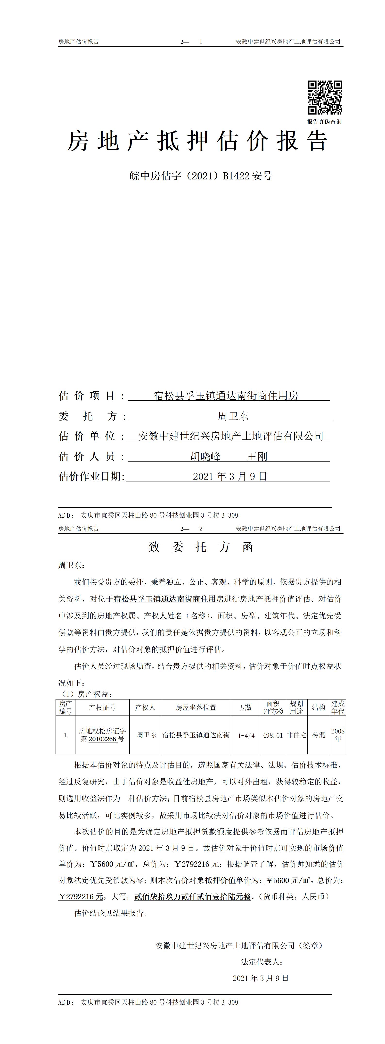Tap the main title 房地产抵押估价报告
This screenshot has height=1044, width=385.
(197, 142)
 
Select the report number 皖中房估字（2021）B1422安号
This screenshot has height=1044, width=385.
(201, 176)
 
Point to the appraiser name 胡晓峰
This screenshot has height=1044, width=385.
(206, 456)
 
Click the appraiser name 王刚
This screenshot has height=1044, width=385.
(257, 456)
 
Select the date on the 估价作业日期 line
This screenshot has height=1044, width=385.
(230, 476)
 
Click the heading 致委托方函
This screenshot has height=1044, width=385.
(201, 547)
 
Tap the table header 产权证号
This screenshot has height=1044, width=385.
(102, 707)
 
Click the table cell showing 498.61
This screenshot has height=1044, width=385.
(273, 735)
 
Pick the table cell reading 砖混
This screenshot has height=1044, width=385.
(319, 735)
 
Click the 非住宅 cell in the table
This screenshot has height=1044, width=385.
(297, 735)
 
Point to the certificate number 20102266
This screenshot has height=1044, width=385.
(102, 739)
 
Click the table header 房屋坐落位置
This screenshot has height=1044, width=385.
(196, 707)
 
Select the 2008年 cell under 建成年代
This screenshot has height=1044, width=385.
(338, 735)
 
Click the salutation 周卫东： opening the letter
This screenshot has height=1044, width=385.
(72, 565)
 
